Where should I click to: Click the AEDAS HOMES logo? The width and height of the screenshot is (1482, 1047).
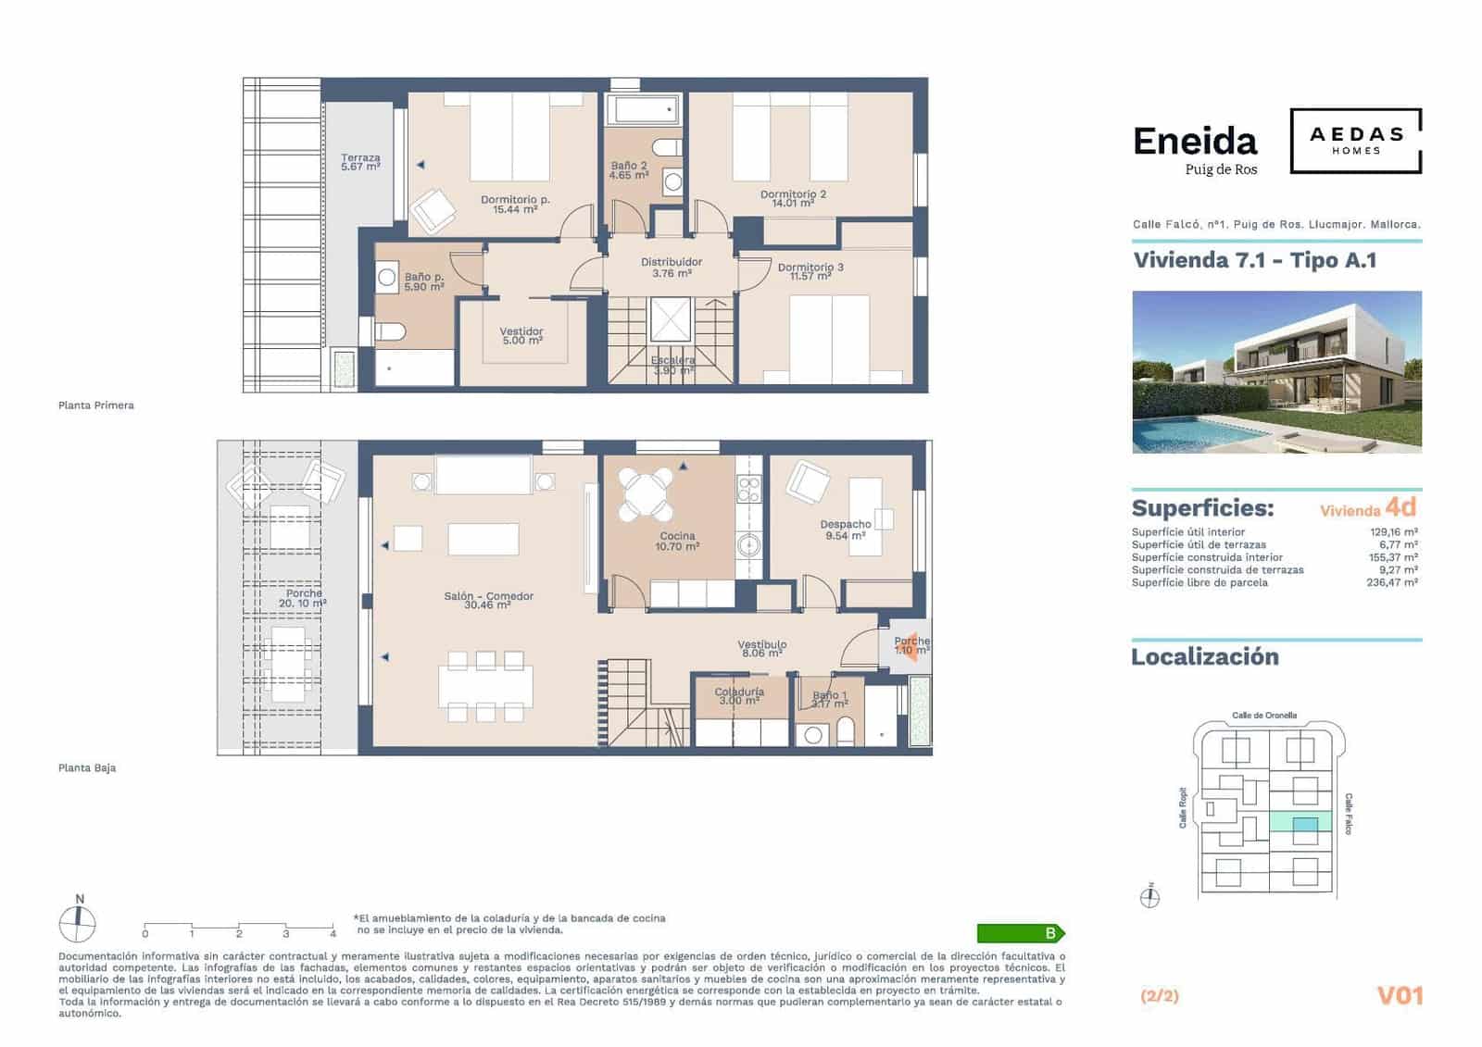click(1356, 141)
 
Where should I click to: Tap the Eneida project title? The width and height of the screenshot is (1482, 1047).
click(1195, 142)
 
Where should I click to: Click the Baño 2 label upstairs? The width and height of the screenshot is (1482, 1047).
click(629, 170)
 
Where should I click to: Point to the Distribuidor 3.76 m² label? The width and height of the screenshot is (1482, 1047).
click(672, 268)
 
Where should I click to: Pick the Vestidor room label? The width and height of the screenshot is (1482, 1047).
click(521, 336)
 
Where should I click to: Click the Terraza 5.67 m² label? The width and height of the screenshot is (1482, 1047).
click(360, 163)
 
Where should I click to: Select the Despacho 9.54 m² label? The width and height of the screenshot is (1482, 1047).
click(845, 530)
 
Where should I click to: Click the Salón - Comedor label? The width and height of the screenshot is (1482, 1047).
click(488, 600)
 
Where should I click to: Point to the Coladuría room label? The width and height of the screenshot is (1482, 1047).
click(739, 696)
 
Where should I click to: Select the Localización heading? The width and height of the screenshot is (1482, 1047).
click(1204, 657)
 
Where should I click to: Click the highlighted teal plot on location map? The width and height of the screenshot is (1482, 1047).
click(1303, 824)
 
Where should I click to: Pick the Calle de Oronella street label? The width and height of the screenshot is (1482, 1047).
click(1263, 716)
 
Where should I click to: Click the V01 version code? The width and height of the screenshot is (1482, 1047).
click(1400, 996)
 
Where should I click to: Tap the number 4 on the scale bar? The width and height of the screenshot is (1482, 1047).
click(333, 934)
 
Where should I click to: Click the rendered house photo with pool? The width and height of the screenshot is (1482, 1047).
click(1276, 372)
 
